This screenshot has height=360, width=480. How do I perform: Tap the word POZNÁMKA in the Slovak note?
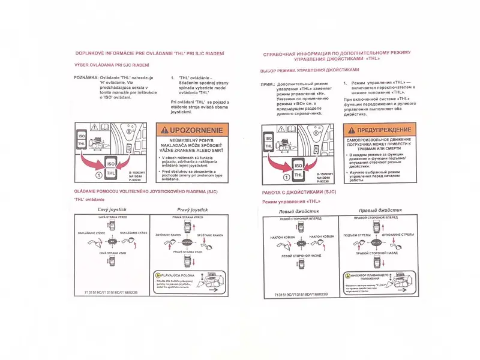pos(86,79)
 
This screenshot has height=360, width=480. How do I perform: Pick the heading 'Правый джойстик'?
pos(380,211)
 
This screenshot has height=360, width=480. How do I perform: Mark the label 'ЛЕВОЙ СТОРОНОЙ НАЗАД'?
pos(301,256)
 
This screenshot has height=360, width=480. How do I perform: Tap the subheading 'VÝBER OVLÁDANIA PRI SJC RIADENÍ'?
pos(112,65)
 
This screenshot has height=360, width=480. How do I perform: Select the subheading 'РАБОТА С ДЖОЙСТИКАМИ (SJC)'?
pos(299,192)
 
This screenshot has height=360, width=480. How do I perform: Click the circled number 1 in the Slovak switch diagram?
pos(98,175)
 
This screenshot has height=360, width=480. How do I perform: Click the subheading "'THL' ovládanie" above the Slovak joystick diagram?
pos(89,199)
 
